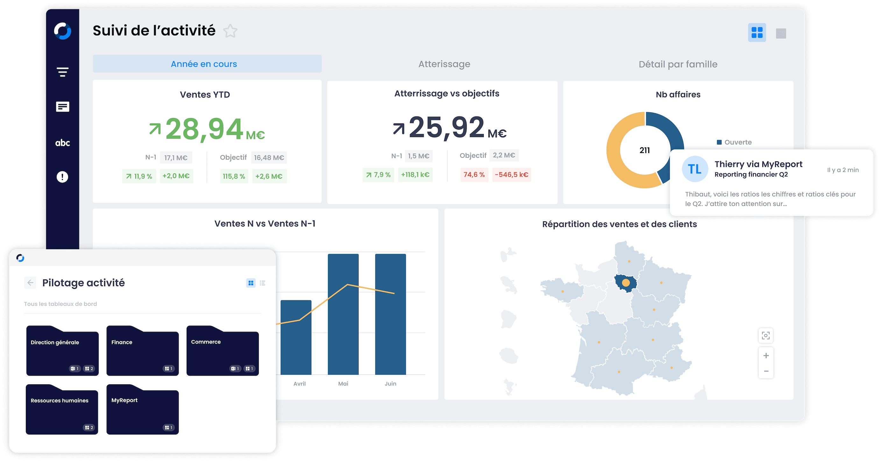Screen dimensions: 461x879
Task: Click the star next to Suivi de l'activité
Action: (x=230, y=31)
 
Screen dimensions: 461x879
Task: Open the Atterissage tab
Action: (x=444, y=64)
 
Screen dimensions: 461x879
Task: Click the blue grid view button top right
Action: (x=756, y=33)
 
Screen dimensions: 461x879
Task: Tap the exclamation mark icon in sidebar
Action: (x=62, y=177)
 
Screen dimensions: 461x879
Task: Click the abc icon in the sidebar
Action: (x=62, y=143)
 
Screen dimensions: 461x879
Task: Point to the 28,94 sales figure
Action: (x=204, y=129)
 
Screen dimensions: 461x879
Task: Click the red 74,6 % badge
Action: (x=474, y=175)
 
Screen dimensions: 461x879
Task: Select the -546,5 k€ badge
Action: (x=511, y=175)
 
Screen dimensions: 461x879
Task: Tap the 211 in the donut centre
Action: (x=644, y=151)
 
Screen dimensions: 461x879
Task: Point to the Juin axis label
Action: (x=390, y=384)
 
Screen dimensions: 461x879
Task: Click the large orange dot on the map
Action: (x=626, y=282)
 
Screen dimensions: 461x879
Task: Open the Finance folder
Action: (x=142, y=351)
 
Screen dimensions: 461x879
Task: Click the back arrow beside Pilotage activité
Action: (x=30, y=282)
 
